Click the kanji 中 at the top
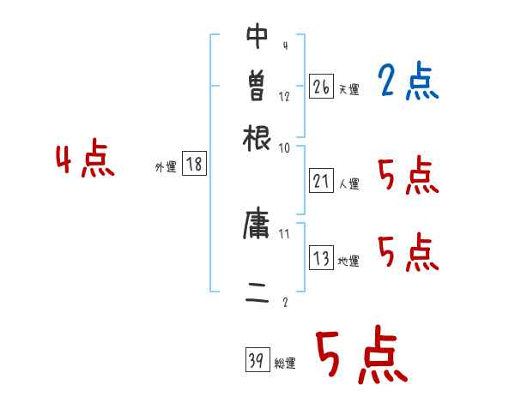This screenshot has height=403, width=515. click(x=257, y=38)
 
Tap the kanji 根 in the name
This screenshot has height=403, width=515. click(x=257, y=135)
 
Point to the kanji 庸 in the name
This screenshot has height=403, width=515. click(x=257, y=226)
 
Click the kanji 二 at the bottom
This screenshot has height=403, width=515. click(x=257, y=297)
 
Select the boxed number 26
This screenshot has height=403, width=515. click(x=321, y=86)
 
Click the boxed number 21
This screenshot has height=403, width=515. click(x=321, y=181)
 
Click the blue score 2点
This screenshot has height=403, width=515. click(x=408, y=81)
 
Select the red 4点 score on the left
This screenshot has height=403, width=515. click(x=84, y=160)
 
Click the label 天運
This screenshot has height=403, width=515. click(x=348, y=88)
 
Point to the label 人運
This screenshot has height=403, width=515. click(x=348, y=183)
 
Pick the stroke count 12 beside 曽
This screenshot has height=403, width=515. click(x=285, y=97)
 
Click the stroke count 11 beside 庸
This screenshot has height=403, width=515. click(x=285, y=233)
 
